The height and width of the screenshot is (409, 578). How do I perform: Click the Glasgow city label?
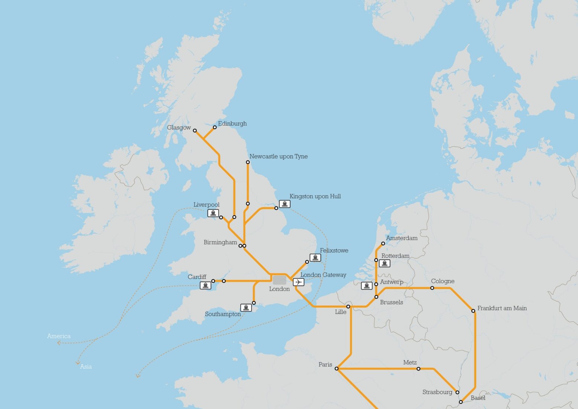pos(179,128)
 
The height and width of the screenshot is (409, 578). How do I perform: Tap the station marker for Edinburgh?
pos(215,127)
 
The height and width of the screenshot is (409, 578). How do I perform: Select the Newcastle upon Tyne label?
pos(278,157)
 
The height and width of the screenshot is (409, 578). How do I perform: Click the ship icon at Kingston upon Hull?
pos(285,204)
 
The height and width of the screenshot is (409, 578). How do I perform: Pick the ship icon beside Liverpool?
pos(213,213)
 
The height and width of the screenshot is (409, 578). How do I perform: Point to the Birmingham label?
pos(220,242)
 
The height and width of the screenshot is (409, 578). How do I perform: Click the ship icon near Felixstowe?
pos(315,258)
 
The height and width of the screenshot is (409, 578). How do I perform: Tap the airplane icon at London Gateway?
pos(298,282)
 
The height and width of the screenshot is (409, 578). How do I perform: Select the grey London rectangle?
pos(279,280)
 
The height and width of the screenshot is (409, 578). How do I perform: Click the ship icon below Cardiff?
pos(205,285)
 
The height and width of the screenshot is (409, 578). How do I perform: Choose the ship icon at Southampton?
pos(246,307)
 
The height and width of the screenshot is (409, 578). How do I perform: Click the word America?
pos(59,336)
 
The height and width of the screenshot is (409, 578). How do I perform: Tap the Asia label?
pos(86,367)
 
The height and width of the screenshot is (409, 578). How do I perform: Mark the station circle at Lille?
pos(348,307)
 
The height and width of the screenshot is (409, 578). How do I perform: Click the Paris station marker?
pos(337,369)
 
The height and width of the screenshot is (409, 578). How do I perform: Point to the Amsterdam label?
pos(402,238)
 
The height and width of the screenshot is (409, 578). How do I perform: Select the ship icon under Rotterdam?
pos(384,263)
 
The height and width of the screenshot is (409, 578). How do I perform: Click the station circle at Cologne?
pos(432,288)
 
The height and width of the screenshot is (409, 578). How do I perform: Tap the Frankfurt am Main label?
pos(502,308)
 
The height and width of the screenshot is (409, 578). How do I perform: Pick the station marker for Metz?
pos(418,369)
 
